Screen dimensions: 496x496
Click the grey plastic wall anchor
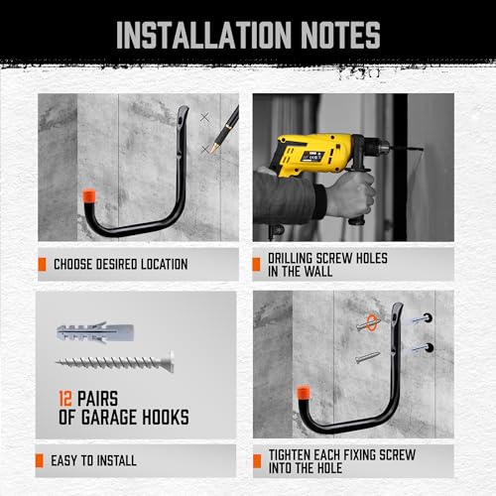click(x=93, y=329)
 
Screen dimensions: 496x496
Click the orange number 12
click(x=65, y=399)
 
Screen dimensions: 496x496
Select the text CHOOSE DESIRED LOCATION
click(x=120, y=265)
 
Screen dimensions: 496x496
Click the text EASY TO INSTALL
click(x=95, y=460)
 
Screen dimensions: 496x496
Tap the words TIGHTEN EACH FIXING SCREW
click(x=342, y=454)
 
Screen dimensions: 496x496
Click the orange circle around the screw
click(x=368, y=320)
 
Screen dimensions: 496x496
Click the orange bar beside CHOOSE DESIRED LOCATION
click(x=43, y=265)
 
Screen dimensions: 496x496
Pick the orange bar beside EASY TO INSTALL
click(x=43, y=460)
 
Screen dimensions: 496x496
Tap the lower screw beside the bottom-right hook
click(x=366, y=353)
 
